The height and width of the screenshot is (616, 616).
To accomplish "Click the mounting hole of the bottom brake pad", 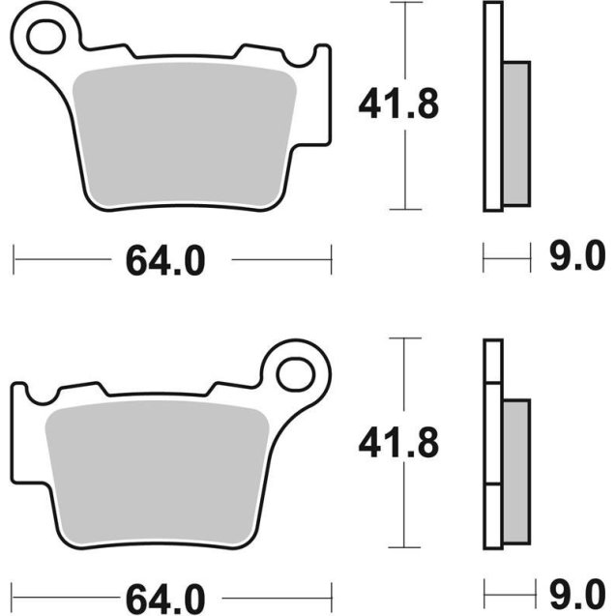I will coord(299,372).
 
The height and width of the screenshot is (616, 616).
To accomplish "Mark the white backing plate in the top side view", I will coord(493,106).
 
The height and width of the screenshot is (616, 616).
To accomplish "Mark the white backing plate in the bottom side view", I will coord(493,445).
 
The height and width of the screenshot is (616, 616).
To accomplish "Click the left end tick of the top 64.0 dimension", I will coord(15,259).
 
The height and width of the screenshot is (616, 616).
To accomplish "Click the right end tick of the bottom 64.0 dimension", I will coord(333,593).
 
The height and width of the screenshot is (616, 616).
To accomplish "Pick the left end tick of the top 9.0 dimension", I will coord(484,259).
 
